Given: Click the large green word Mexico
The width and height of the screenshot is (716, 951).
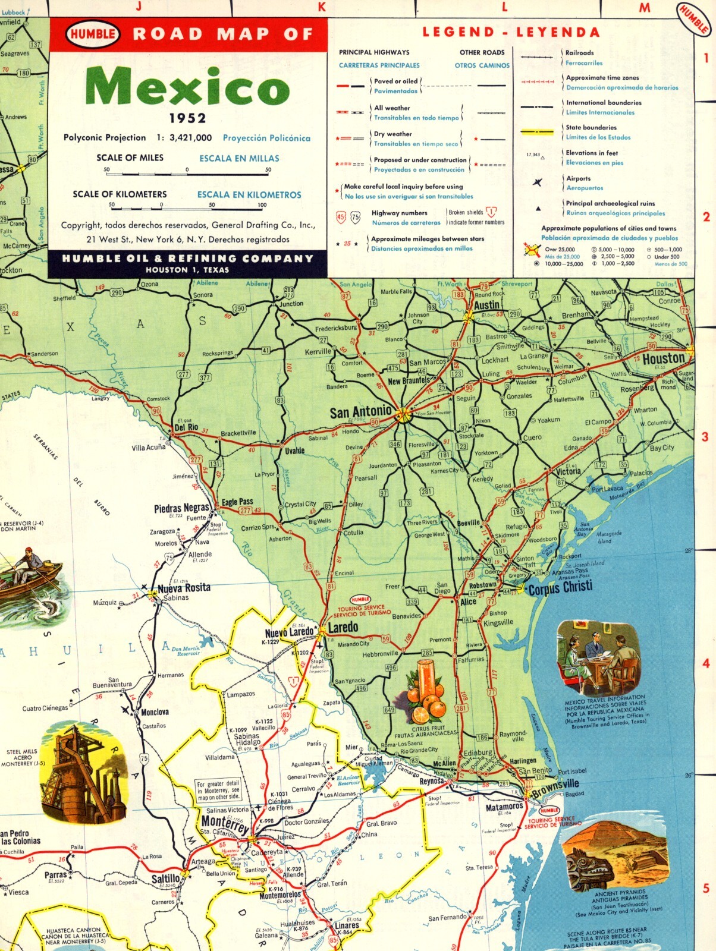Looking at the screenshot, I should click(187, 87).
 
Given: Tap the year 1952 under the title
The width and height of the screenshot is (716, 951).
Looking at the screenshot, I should click(187, 118).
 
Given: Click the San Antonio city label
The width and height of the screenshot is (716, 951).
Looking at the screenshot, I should click(360, 411).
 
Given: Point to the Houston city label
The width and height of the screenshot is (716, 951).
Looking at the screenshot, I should click(663, 359).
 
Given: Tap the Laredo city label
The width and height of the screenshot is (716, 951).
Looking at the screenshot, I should click(343, 627).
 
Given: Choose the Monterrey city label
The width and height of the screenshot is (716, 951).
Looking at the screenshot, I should click(225, 824).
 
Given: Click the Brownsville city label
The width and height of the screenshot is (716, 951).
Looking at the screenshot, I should click(555, 789).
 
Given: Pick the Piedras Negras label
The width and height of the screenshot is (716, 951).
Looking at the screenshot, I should click(181, 508).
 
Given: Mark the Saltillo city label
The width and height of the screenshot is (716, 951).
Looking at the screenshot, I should click(165, 878).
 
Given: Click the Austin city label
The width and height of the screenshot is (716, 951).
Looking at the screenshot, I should click(486, 305).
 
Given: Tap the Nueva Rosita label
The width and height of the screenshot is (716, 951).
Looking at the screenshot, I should click(184, 588).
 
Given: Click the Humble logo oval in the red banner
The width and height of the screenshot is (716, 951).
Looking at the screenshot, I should click(93, 34).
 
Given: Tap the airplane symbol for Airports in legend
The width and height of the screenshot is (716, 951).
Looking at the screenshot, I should click(538, 182).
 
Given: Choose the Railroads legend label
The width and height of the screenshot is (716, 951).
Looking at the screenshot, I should click(579, 53).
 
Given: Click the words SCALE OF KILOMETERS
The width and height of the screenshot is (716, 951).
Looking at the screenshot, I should click(120, 194).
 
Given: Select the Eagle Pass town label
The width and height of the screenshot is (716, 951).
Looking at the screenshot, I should click(237, 502).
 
